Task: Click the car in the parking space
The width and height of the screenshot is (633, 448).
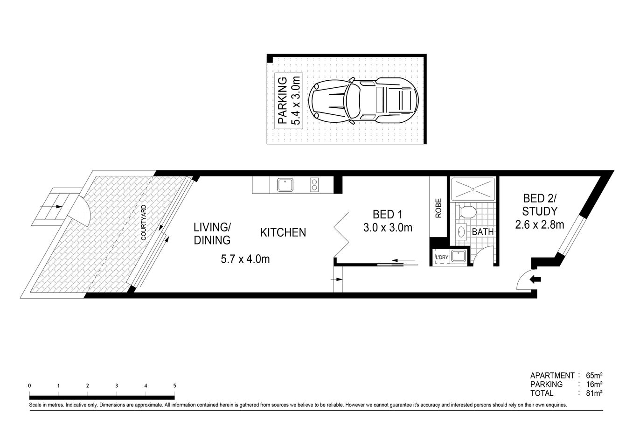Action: click(364, 100)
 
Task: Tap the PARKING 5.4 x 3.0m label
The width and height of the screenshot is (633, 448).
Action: click(289, 100)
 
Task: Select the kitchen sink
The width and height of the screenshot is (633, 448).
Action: click(285, 185)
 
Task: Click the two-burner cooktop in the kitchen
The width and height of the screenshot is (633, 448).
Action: click(315, 185)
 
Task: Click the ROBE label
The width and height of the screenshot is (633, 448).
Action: click(438, 209)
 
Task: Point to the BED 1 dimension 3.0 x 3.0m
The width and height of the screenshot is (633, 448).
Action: click(387, 228)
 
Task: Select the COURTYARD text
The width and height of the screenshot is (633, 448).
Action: click(143, 223)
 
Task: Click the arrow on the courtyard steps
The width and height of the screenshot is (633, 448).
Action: click(57, 206)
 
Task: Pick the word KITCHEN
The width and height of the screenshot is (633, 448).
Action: click(283, 232)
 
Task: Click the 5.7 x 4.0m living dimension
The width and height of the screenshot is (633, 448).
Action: click(245, 259)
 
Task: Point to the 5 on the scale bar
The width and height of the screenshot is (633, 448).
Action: click(174, 386)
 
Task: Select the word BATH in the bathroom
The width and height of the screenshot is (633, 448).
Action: click(482, 231)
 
